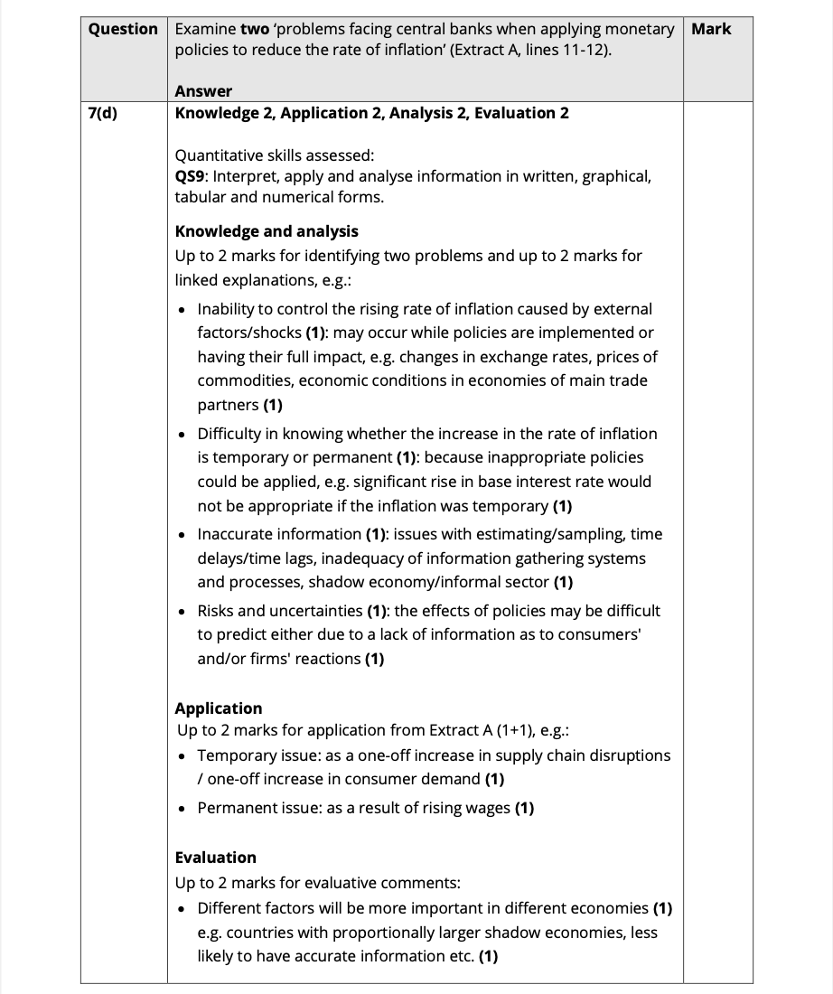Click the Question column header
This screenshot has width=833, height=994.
pyautogui.click(x=123, y=29)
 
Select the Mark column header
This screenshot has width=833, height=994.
pyautogui.click(x=711, y=29)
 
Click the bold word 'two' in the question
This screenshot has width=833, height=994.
pyautogui.click(x=255, y=29)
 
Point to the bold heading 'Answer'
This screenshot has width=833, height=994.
pyautogui.click(x=203, y=91)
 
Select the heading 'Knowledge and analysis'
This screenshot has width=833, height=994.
pyautogui.click(x=267, y=231)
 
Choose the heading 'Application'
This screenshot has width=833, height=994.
pyautogui.click(x=219, y=708)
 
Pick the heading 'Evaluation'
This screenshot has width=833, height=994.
pyautogui.click(x=216, y=858)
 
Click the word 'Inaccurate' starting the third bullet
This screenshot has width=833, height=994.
pyautogui.click(x=235, y=534)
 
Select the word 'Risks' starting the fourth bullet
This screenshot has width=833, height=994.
pyautogui.click(x=218, y=611)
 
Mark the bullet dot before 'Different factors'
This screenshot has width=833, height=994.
pyautogui.click(x=183, y=908)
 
